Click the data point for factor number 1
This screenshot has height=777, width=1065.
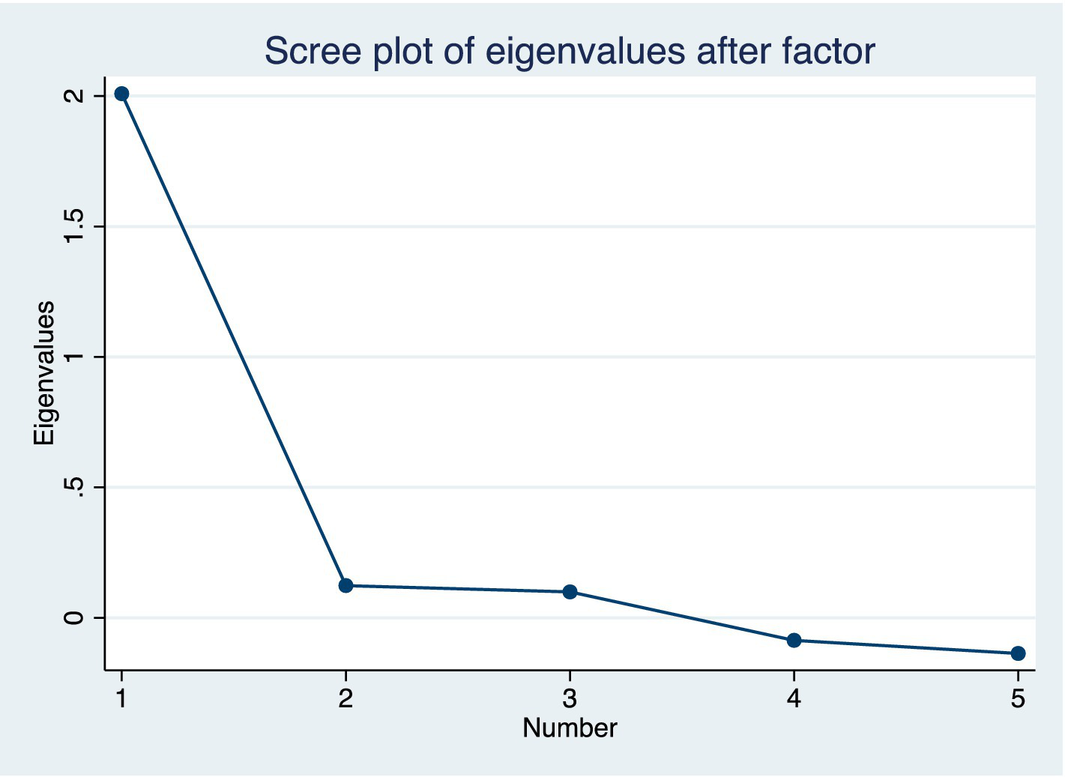click(121, 94)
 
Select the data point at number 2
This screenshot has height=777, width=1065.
click(346, 585)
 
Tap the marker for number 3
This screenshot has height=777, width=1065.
click(570, 592)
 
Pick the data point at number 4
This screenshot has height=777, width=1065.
click(794, 640)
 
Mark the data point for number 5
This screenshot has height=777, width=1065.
click(1018, 653)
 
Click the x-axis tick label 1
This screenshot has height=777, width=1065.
click(121, 699)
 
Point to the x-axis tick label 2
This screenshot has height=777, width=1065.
click(346, 699)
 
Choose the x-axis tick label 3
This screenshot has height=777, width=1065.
click(570, 699)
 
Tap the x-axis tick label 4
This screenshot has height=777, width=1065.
click(794, 699)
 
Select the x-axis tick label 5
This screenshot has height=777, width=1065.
click(1018, 699)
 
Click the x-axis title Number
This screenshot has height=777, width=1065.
click(570, 728)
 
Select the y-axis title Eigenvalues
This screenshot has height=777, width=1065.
click(44, 373)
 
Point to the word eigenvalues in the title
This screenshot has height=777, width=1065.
click(585, 52)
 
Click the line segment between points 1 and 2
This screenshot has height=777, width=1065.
click(233, 339)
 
